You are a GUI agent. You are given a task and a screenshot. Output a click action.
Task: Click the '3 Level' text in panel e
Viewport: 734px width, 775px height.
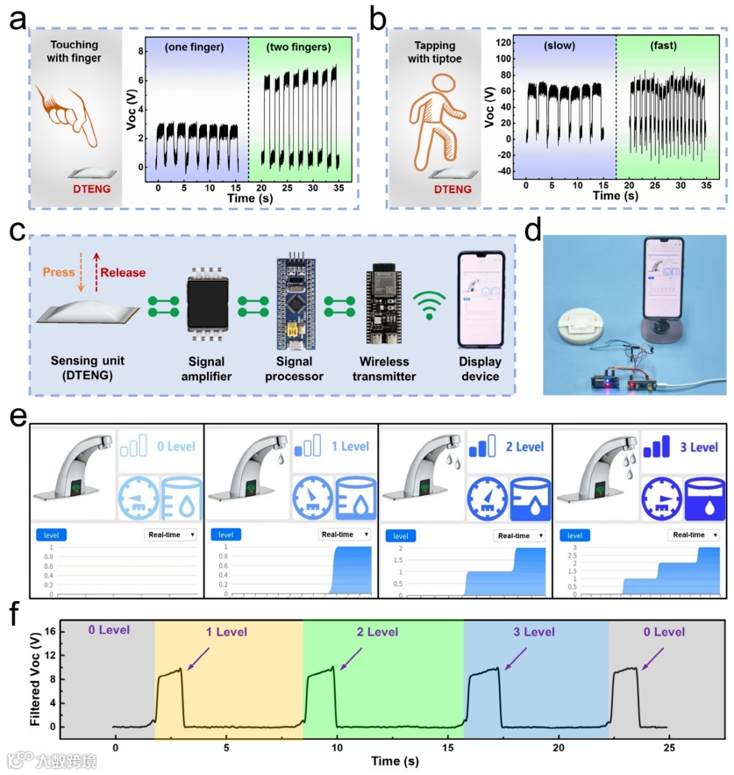(x=701, y=448)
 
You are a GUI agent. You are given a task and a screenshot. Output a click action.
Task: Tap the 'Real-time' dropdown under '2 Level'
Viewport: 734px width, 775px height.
(x=519, y=535)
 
